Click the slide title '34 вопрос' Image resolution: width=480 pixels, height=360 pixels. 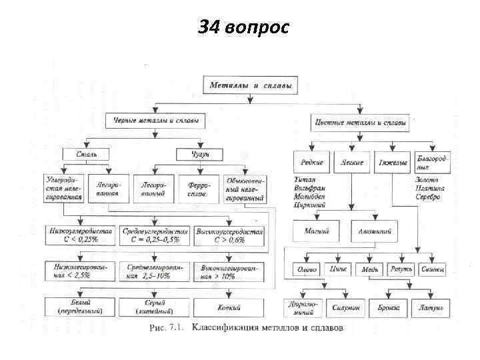tap(243, 27)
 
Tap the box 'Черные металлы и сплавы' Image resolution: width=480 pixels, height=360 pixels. tap(155, 122)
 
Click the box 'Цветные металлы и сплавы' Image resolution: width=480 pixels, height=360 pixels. tap(361, 123)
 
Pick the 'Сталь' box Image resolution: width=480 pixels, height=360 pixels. tap(85, 155)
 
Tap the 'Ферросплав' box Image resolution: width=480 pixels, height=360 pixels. tap(198, 189)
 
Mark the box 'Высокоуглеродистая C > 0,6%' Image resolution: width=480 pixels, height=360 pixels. tap(230, 235)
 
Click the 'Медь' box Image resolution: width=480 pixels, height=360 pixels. tap(370, 270)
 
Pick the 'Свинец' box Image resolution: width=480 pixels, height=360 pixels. tap(433, 270)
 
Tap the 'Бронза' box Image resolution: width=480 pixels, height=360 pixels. tap(393, 307)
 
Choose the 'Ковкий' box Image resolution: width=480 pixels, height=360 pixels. tap(229, 307)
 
